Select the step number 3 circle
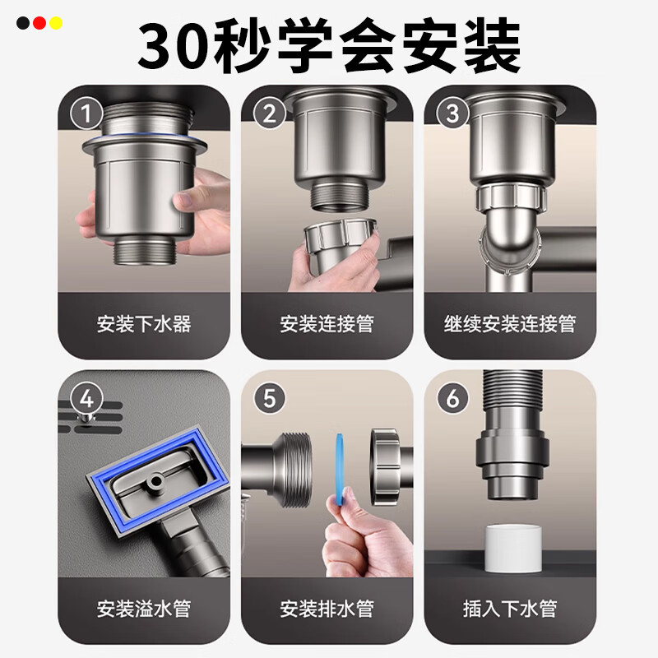click(452, 113)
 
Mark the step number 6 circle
click(452, 399)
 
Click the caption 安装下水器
click(143, 323)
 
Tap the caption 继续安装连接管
click(509, 323)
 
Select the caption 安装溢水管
click(143, 609)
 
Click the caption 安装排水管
click(327, 609)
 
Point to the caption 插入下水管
click(509, 609)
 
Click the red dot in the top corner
click(39, 23)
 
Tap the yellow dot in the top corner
click(55, 23)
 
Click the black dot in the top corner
click(23, 23)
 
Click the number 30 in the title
click(174, 47)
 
